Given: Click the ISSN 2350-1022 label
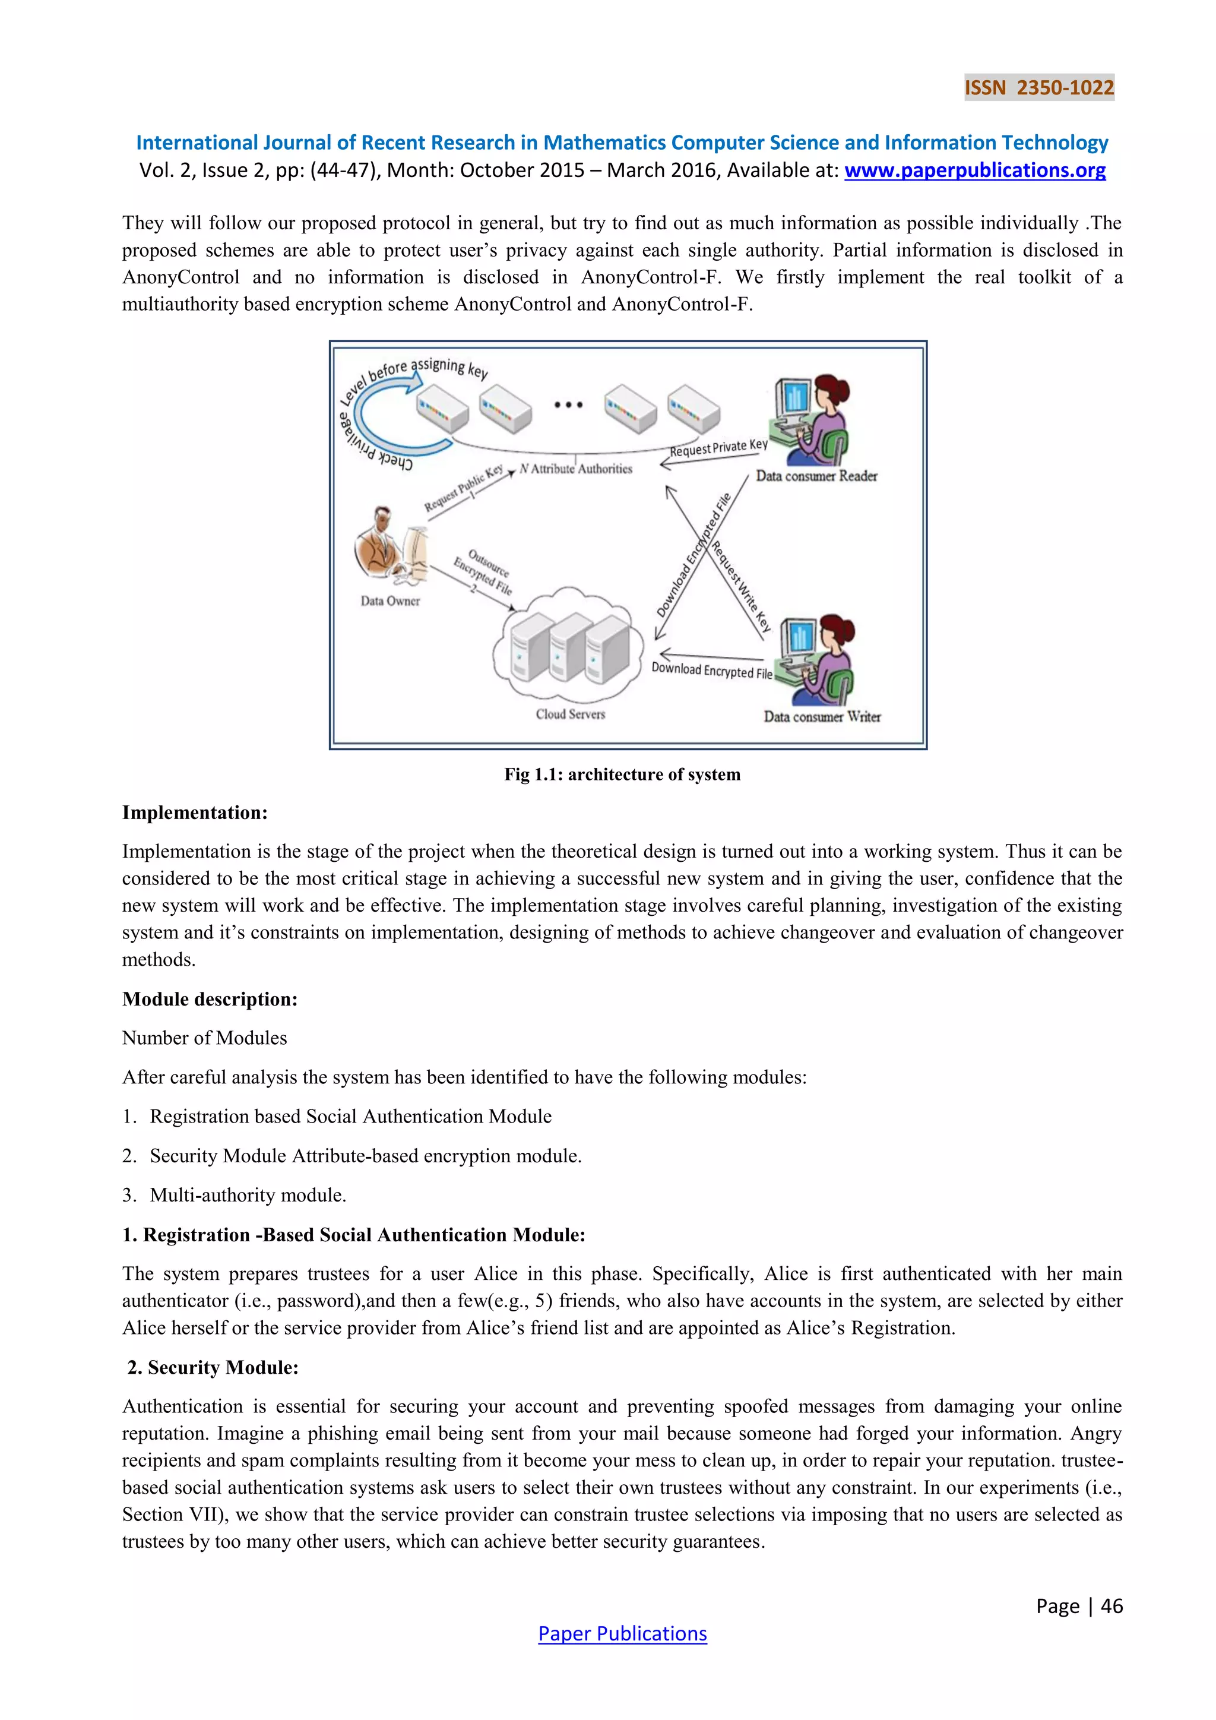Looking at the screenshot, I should [x=1038, y=88].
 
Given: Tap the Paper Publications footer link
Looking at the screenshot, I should [x=622, y=1633].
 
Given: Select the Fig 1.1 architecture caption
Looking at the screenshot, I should [x=622, y=774].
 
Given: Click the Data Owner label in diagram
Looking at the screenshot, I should [x=390, y=601].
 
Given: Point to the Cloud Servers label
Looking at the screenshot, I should [x=570, y=714].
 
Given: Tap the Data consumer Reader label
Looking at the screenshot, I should [x=816, y=476].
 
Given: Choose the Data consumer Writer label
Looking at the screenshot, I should [x=821, y=716].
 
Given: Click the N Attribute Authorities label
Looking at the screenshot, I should [x=576, y=469].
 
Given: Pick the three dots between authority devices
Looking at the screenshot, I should [x=568, y=404].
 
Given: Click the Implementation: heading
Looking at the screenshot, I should [x=195, y=813].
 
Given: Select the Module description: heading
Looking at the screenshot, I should [x=210, y=1000].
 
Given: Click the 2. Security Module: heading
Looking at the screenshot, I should [x=213, y=1367].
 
